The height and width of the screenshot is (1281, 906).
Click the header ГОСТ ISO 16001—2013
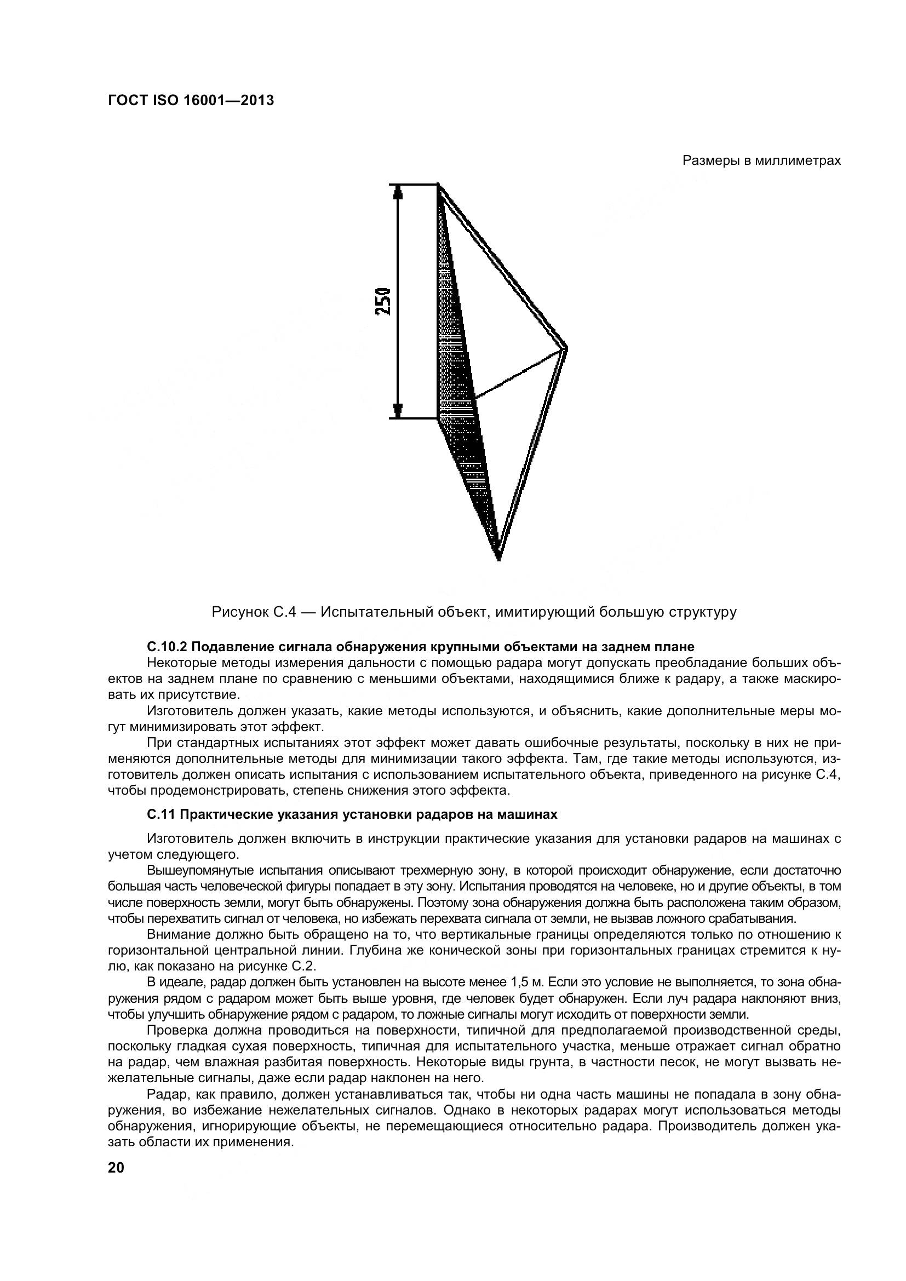click(x=191, y=100)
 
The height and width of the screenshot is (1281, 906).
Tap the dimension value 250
click(x=383, y=301)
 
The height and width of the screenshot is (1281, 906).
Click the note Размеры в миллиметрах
click(x=761, y=160)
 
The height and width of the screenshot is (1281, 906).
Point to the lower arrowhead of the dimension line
click(x=398, y=410)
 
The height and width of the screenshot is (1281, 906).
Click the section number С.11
click(x=160, y=814)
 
